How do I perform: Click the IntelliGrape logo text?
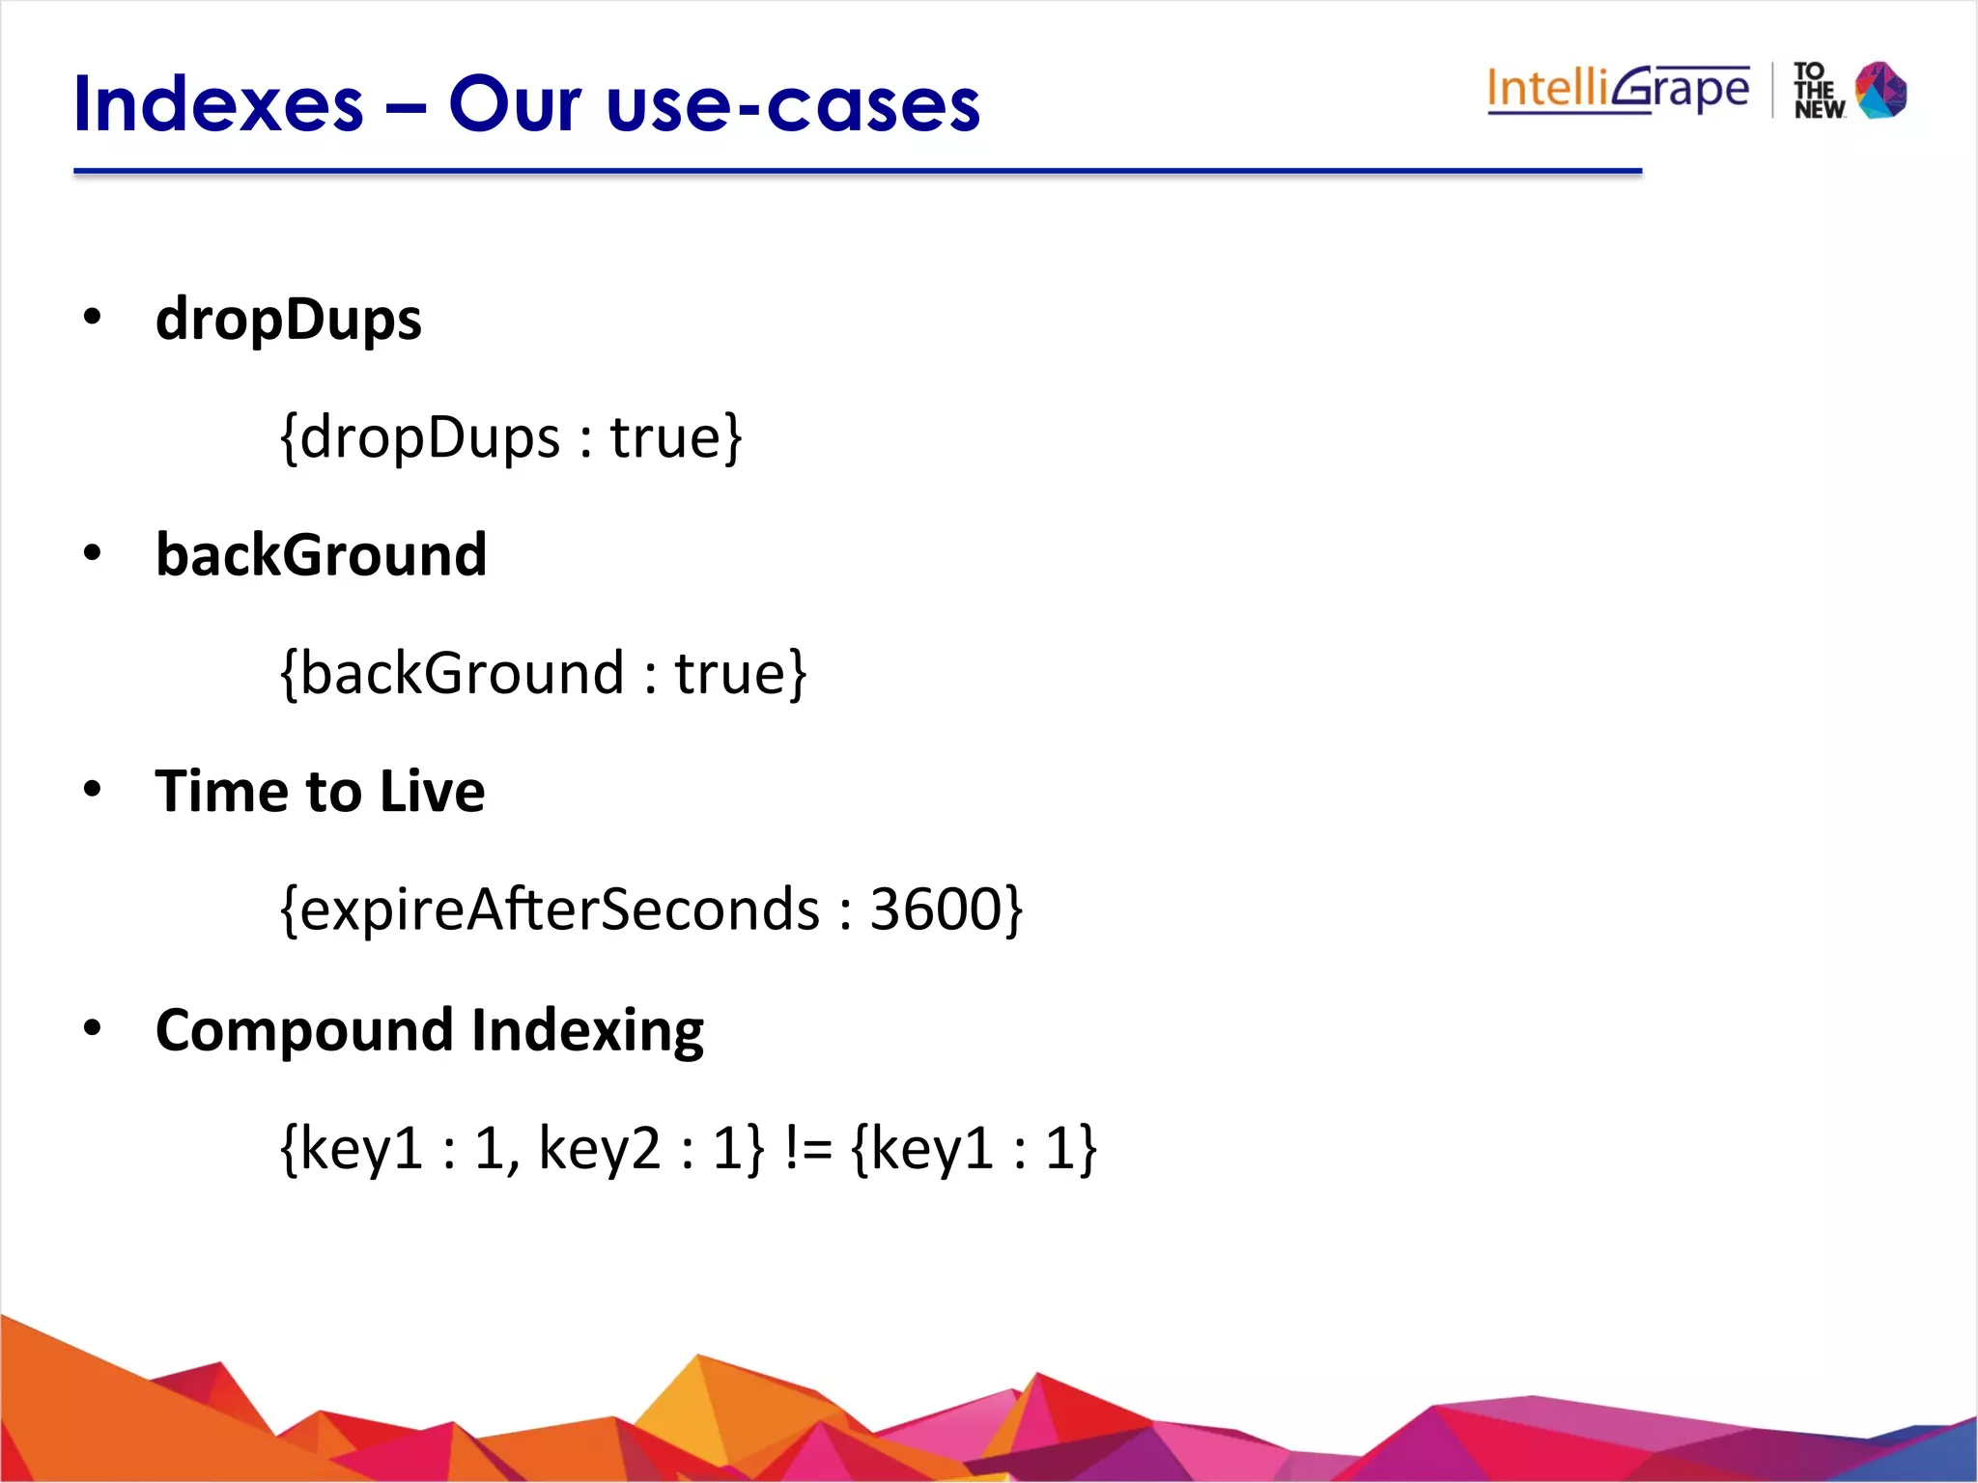1618,90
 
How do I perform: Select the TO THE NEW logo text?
1818,91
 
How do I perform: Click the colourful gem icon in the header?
1881,90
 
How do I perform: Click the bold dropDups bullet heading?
289,320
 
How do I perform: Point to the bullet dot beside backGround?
93,553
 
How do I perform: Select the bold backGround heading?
322,555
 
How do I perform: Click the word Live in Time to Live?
432,792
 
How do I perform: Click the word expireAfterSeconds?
560,909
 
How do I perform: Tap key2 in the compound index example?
599,1148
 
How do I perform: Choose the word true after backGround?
731,673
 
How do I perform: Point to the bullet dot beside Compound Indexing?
93,1027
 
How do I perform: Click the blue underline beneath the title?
858,172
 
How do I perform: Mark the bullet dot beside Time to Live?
93,790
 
